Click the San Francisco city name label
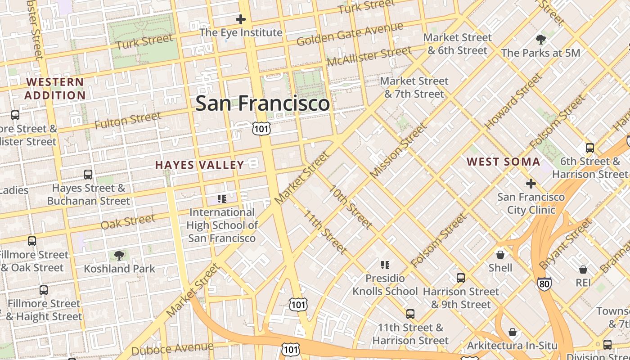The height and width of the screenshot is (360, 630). [x=262, y=103]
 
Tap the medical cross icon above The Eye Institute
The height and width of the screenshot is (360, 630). [x=241, y=19]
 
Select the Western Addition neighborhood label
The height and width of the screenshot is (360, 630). [x=55, y=89]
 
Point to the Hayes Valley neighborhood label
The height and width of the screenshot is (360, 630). [x=200, y=165]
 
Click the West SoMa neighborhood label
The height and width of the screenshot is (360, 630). [x=503, y=162]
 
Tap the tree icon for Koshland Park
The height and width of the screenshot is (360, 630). [x=119, y=256]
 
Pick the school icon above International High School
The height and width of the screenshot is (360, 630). [x=221, y=198]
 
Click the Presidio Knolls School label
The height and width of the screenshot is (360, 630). [x=385, y=285]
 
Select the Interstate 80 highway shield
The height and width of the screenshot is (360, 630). [x=544, y=283]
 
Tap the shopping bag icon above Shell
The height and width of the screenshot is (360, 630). [x=500, y=255]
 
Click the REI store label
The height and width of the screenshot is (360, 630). [x=583, y=282]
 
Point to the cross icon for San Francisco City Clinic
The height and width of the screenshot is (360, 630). [x=531, y=184]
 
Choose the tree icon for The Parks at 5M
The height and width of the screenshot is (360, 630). [x=540, y=40]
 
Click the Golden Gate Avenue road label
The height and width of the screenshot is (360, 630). [x=350, y=35]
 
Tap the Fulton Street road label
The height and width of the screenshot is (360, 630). [x=128, y=121]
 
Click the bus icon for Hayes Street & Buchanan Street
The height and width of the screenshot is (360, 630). [x=88, y=175]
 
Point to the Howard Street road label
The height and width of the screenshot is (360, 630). [x=513, y=101]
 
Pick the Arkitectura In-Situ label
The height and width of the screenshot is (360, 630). [x=512, y=346]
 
